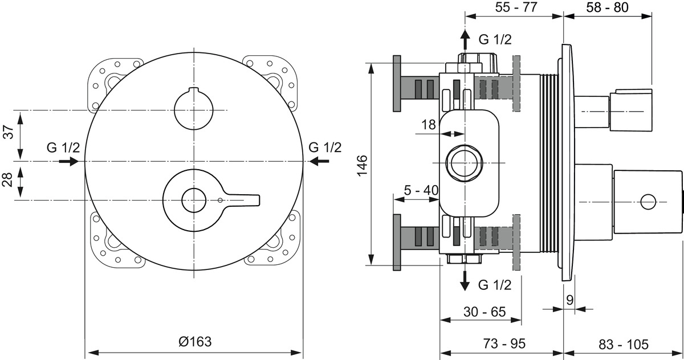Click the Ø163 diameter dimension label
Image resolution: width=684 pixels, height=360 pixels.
(195, 342)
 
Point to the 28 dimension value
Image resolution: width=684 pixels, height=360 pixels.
(9, 180)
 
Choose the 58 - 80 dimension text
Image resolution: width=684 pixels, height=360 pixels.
(608, 9)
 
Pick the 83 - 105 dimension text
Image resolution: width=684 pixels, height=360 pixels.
(624, 344)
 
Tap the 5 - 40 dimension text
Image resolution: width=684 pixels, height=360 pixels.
(421, 190)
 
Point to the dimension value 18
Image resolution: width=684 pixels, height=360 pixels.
(428, 124)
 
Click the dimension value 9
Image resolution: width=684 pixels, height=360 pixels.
(569, 299)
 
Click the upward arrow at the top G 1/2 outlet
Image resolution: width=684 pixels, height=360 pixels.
(465, 39)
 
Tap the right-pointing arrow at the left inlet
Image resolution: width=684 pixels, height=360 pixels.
(68, 162)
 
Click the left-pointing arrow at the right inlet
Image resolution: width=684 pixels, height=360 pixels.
(320, 162)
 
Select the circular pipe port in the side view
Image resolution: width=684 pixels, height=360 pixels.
(465, 163)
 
